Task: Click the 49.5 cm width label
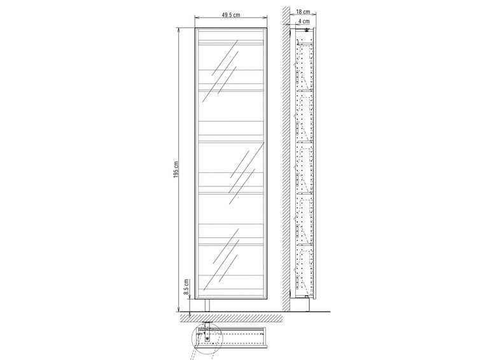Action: click(x=231, y=15)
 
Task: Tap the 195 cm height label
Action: click(x=176, y=169)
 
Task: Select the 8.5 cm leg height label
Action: click(x=186, y=287)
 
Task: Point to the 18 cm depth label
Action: click(x=303, y=12)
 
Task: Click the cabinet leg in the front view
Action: click(x=207, y=305)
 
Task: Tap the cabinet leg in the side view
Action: click(x=308, y=305)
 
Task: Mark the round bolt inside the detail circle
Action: click(x=207, y=338)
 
